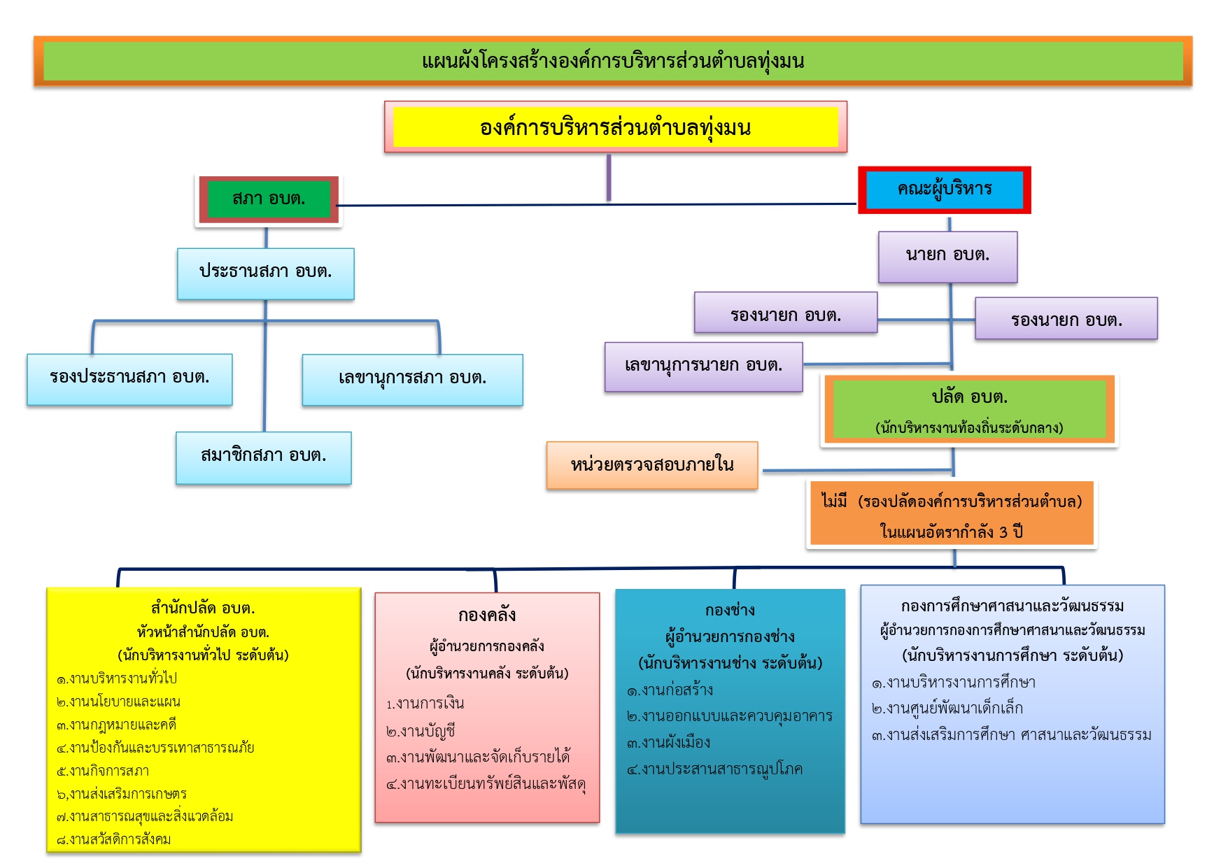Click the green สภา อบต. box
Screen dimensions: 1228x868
click(x=269, y=199)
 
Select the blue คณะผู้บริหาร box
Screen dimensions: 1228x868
click(x=945, y=190)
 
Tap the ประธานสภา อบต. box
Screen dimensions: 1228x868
click(x=266, y=273)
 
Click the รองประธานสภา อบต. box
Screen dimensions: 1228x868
click(x=129, y=379)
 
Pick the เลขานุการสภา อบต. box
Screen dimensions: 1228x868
click(x=413, y=380)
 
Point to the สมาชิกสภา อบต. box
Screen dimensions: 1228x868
click(x=264, y=457)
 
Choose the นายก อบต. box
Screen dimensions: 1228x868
click(x=948, y=257)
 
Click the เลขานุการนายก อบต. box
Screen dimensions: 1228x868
click(x=704, y=367)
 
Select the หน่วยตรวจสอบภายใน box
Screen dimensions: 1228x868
click(x=652, y=465)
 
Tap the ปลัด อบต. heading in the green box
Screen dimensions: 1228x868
click(x=970, y=397)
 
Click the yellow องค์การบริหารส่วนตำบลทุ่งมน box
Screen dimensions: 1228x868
click(x=616, y=127)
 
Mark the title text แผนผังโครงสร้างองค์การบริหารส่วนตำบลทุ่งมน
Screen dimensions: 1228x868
click(x=613, y=62)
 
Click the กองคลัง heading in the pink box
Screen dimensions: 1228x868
click(x=487, y=616)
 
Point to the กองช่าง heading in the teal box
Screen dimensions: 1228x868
click(x=730, y=611)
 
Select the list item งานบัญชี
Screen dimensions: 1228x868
click(x=421, y=732)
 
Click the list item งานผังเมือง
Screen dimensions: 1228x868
click(x=668, y=743)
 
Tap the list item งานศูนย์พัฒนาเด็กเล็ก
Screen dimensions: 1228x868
click(x=947, y=709)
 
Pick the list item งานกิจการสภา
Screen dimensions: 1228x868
click(x=103, y=771)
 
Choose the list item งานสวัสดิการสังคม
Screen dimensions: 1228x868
click(x=114, y=840)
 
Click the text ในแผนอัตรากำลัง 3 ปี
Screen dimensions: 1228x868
click(x=952, y=532)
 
